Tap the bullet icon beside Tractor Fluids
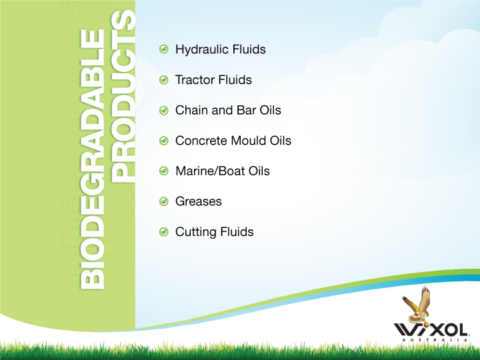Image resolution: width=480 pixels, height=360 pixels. [x=164, y=80]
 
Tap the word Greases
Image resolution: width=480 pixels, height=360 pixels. [x=199, y=202]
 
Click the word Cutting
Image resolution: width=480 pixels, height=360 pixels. [x=194, y=233]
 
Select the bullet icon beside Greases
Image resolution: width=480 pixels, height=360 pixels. [x=164, y=201]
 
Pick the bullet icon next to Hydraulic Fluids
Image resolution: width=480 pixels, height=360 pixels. [x=164, y=49]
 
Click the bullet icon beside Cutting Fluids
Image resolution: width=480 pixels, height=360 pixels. [x=164, y=232]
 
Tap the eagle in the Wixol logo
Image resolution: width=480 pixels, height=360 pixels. [x=416, y=305]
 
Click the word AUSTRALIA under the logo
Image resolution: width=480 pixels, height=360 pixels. [x=435, y=340]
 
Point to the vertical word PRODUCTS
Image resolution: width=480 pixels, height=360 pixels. [x=123, y=97]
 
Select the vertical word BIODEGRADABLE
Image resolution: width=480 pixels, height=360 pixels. [x=93, y=159]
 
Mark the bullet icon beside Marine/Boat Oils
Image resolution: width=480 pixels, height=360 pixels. [x=164, y=171]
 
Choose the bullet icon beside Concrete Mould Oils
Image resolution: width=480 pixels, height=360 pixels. [x=164, y=141]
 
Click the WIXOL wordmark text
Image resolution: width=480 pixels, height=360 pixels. [x=431, y=330]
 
